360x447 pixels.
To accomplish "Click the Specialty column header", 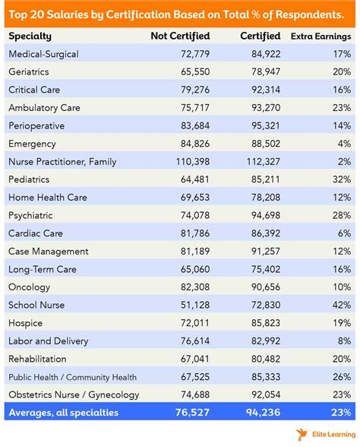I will coord(30,36).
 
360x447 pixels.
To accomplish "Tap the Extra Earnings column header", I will coord(320,36).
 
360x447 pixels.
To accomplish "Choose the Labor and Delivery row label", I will coord(48,341).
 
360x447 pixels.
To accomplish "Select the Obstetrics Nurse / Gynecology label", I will coord(74,395).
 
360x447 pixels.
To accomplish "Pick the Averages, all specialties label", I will coord(65,413).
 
